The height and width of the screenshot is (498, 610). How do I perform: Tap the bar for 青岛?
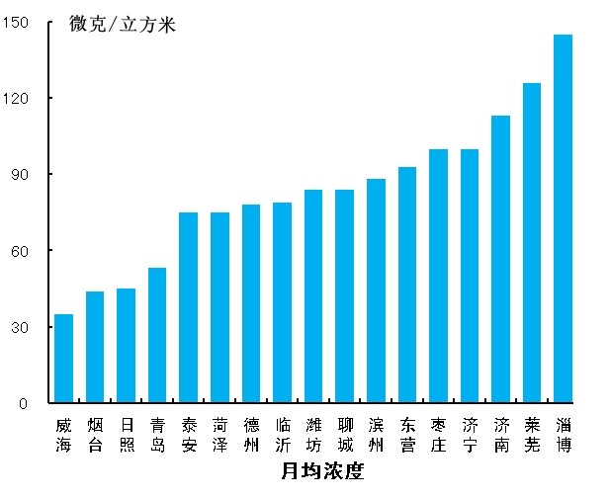point(157,336)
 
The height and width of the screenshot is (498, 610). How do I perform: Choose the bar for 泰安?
point(188,307)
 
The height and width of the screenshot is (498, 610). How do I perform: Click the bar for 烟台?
point(95,347)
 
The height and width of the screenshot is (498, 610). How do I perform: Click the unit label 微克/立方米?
point(123,25)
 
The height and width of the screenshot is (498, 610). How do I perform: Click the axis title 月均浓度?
point(322,471)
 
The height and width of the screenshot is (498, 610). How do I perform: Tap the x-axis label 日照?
point(126,435)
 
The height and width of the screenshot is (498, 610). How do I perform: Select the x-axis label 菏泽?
point(219,435)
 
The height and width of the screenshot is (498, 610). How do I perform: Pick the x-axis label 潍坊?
point(313,435)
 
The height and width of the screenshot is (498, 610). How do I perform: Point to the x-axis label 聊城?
point(344,435)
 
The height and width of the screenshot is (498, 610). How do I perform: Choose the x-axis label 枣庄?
point(438,435)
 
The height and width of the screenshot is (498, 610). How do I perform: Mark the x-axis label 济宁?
point(469,435)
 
